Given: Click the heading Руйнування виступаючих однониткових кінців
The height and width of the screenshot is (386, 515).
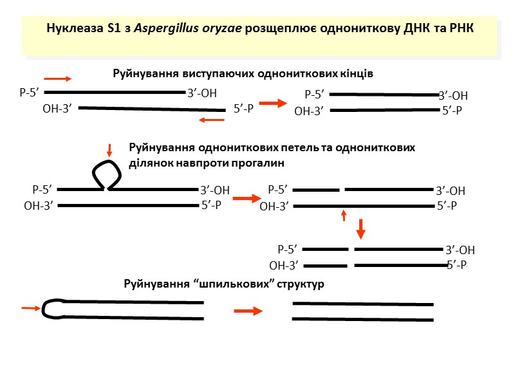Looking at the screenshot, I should [243, 73].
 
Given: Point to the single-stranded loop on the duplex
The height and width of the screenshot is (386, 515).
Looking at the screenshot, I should [106, 172].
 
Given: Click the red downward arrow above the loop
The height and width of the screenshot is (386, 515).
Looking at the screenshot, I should [110, 150].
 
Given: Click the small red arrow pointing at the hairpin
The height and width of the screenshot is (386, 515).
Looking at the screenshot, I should [30, 309].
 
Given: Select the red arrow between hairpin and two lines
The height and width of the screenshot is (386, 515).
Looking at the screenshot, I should [248, 311].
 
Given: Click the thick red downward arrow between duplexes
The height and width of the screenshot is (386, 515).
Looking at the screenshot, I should [361, 227].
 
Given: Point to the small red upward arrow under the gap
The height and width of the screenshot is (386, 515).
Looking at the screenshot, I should [344, 215].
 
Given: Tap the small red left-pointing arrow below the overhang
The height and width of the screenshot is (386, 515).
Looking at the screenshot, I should [211, 119].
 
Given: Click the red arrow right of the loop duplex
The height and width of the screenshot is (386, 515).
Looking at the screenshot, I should [245, 199].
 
